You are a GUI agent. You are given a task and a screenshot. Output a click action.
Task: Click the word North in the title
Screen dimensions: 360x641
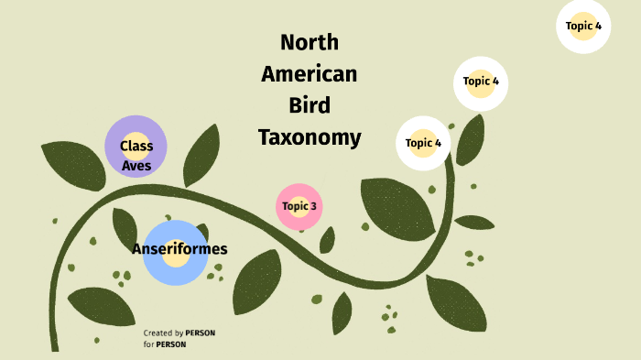point(310,43)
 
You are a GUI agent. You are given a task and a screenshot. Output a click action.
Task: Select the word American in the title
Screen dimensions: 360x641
point(310,74)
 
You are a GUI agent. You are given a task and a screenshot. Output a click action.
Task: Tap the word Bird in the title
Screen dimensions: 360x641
point(310,105)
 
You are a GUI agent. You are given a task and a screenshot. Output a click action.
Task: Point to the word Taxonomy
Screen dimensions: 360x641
point(310,137)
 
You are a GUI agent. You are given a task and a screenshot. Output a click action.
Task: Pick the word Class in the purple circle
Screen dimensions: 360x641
point(136,146)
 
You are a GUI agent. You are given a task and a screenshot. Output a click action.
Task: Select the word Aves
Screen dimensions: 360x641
point(136,166)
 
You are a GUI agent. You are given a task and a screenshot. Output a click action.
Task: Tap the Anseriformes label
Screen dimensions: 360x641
point(179,248)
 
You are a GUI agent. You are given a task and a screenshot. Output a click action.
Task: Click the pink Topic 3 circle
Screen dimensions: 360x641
point(299,206)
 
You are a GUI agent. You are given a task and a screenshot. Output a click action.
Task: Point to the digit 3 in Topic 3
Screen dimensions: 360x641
point(313,206)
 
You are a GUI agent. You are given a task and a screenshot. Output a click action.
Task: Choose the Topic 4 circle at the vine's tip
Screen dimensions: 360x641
point(423,143)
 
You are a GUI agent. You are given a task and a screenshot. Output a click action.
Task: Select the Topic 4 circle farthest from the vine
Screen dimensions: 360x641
point(583,26)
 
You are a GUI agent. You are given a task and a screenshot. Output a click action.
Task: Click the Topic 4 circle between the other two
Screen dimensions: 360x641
point(481,82)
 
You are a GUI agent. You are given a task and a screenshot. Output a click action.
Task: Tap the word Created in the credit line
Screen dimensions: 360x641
point(157,333)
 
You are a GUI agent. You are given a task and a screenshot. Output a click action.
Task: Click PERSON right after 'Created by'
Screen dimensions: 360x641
point(201,333)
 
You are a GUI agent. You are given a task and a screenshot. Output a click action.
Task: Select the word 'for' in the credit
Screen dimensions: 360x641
point(147,344)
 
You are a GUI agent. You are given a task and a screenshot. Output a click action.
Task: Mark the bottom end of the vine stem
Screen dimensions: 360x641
point(55,347)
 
